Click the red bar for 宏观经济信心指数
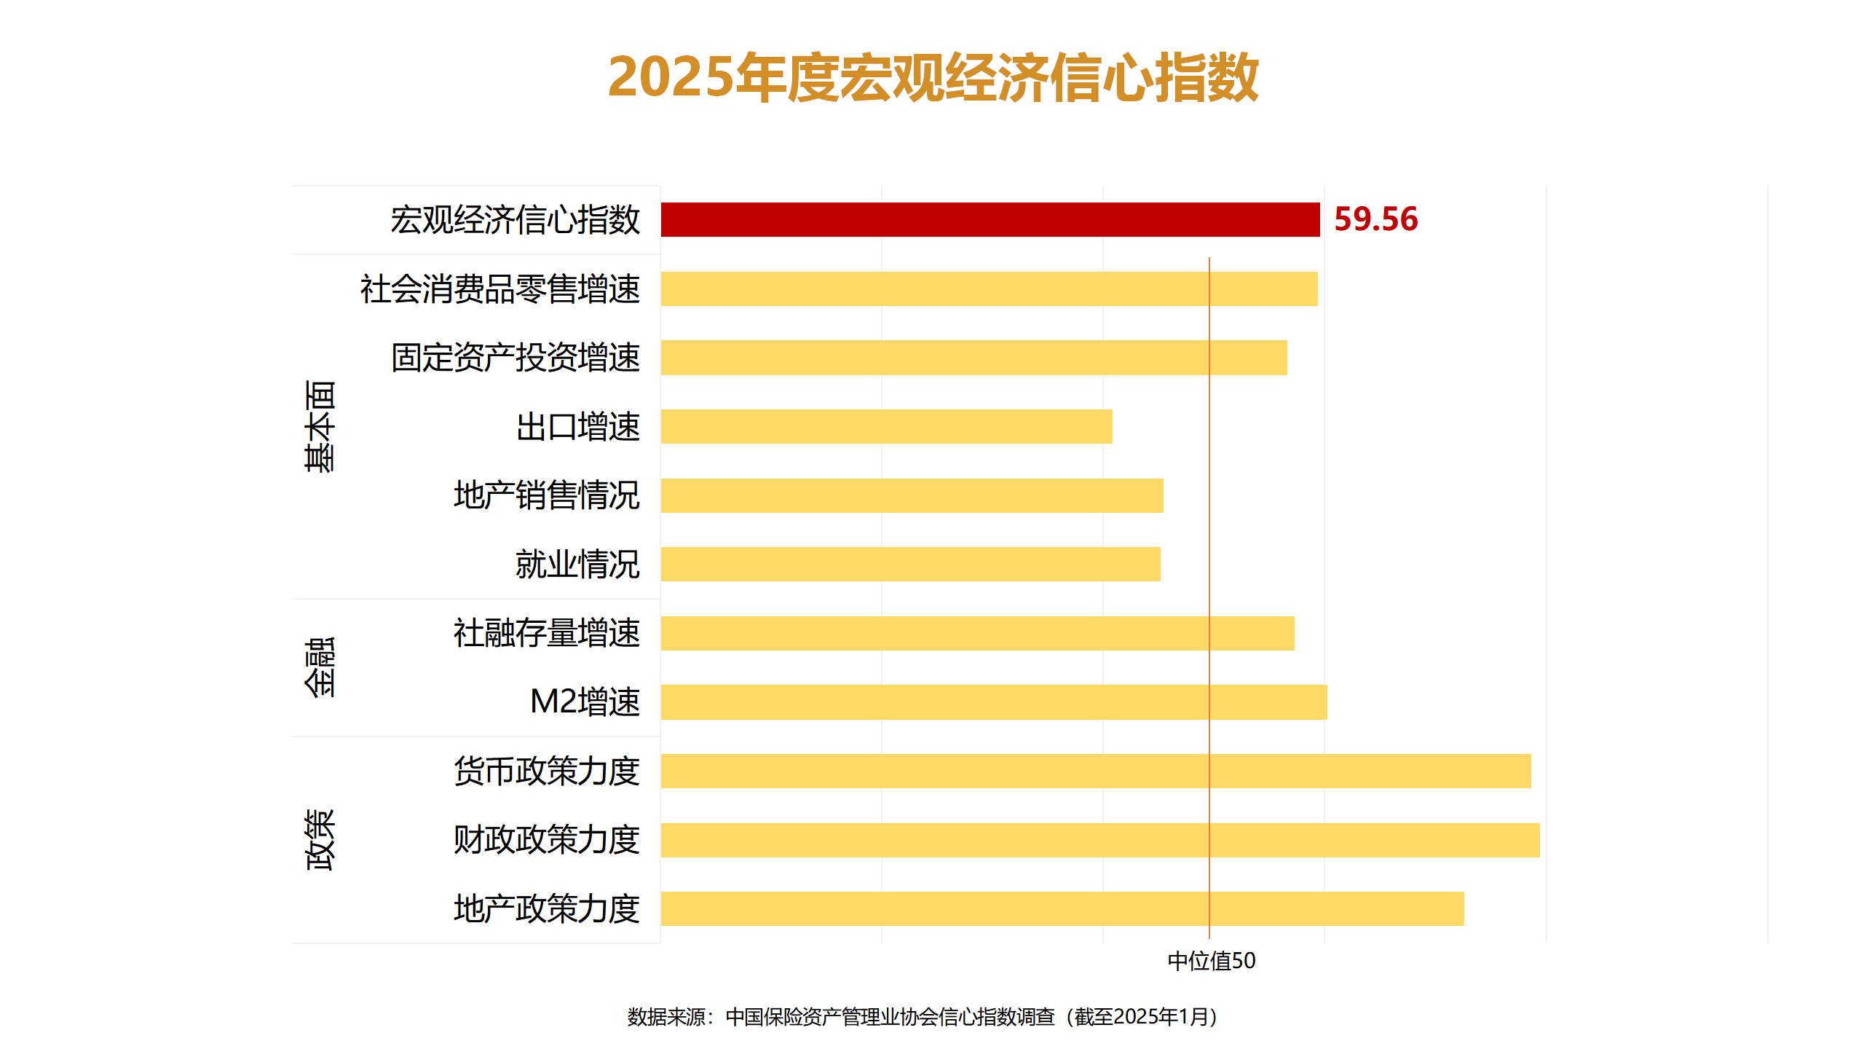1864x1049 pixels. click(x=990, y=219)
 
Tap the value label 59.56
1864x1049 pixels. click(x=1375, y=219)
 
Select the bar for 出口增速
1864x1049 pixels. click(x=886, y=426)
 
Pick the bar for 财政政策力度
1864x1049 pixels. click(x=1099, y=840)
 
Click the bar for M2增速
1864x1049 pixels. click(x=993, y=702)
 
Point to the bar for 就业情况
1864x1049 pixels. click(x=910, y=565)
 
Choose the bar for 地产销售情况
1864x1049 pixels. click(x=912, y=495)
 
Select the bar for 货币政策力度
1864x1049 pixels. click(x=1095, y=771)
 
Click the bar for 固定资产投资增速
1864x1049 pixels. click(x=974, y=358)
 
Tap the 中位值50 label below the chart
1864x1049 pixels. click(x=1212, y=961)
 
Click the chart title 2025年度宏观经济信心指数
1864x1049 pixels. click(x=933, y=77)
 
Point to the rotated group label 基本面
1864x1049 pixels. click(x=320, y=426)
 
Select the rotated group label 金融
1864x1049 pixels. click(x=320, y=667)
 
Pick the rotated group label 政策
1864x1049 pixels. click(x=320, y=840)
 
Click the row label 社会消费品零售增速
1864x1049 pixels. click(x=500, y=289)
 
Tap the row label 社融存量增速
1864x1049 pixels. click(x=546, y=633)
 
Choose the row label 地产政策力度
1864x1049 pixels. click(x=546, y=908)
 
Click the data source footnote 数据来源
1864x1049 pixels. click(x=923, y=1016)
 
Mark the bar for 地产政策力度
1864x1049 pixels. click(x=1062, y=908)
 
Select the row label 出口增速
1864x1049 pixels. click(x=577, y=427)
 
